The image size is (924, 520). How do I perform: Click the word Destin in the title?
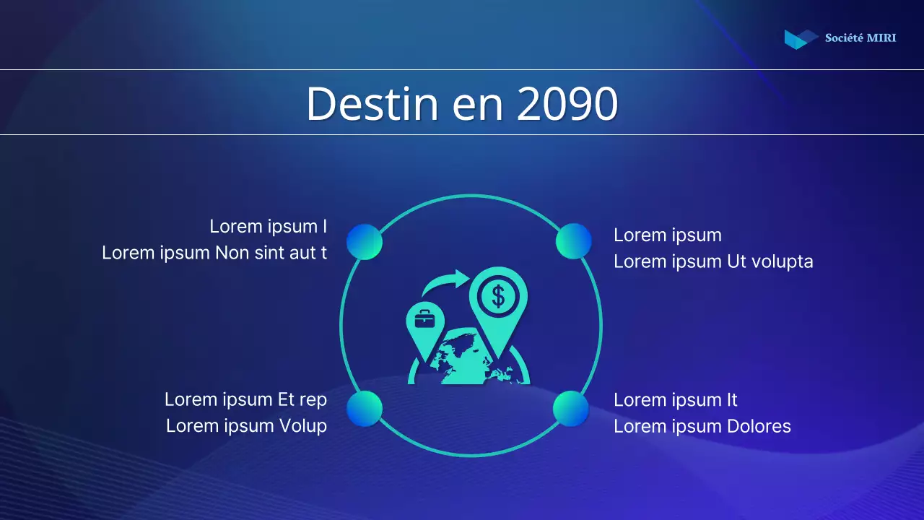coord(372,104)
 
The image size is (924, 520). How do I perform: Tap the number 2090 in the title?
coord(567,104)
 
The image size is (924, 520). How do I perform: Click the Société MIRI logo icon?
coord(800,38)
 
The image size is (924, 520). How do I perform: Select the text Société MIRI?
coord(860,38)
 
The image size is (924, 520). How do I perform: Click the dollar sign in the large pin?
coord(497,295)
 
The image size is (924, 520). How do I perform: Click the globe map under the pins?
coord(469,357)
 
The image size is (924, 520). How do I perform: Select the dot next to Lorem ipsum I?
coord(365,241)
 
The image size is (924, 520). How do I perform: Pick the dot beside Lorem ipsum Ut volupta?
coord(574,241)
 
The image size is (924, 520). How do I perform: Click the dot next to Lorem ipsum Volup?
coord(365,409)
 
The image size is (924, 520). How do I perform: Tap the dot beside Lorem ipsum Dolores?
coord(571,409)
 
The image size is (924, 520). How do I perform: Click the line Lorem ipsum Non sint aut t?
coord(214,253)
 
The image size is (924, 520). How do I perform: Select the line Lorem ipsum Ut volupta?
coord(713,261)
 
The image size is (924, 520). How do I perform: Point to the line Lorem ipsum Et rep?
coord(245,399)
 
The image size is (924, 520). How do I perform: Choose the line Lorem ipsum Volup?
coord(246,426)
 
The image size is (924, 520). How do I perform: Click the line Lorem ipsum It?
coord(675,400)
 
